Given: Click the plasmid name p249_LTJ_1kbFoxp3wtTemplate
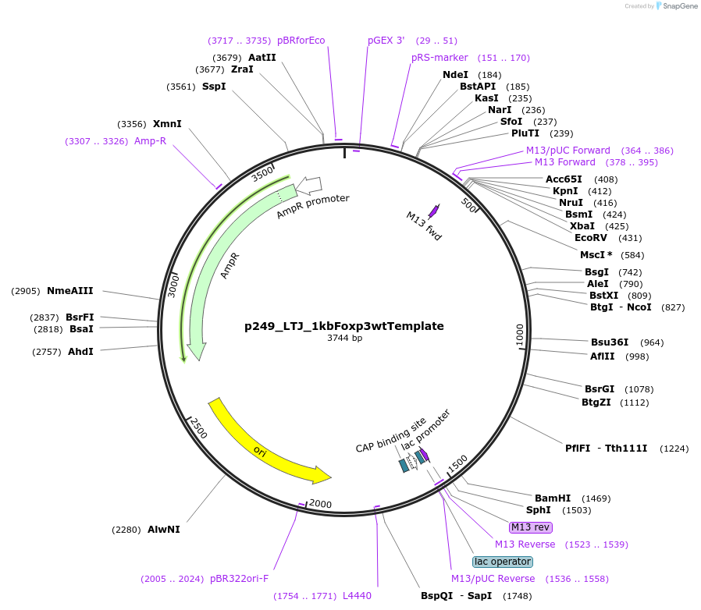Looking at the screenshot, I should click(x=344, y=326).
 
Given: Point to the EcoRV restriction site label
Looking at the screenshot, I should click(x=591, y=237).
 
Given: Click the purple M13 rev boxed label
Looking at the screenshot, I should click(x=530, y=527).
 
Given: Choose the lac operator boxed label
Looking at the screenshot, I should click(x=503, y=562).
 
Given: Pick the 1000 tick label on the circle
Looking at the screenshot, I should click(x=521, y=335).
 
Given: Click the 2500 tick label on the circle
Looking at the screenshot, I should click(x=198, y=427).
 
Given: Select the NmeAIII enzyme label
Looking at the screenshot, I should click(x=70, y=291).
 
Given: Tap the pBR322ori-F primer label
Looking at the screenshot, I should click(x=239, y=579).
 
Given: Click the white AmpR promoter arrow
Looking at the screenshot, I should click(x=309, y=185).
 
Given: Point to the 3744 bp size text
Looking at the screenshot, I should click(x=344, y=339).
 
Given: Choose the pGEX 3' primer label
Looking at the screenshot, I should click(x=386, y=41).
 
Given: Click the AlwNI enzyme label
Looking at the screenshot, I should click(x=164, y=529).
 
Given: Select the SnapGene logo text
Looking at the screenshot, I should click(x=680, y=6).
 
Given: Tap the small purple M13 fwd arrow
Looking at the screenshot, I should click(x=434, y=210).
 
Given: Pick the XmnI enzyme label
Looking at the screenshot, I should click(x=167, y=124).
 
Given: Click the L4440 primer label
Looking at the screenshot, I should click(x=357, y=596).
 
